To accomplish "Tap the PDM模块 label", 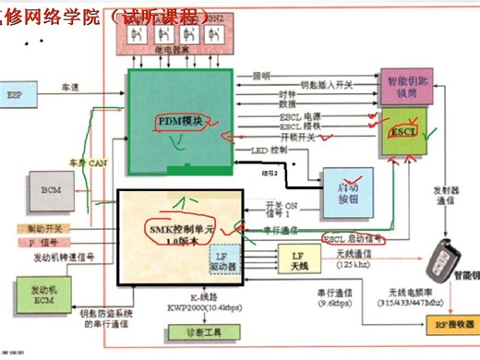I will point(181,120).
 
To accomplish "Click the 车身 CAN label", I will point(86,162).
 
